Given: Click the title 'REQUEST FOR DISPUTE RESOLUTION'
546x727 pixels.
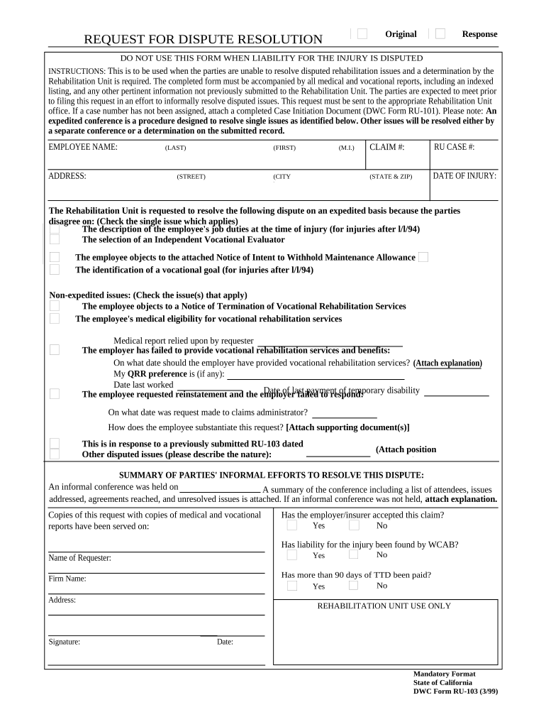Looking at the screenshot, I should tap(204, 40).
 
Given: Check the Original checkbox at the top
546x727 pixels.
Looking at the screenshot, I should tap(362, 34).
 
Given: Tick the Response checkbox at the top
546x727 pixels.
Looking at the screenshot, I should tap(440, 34).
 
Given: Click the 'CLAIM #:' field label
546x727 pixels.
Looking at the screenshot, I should tap(387, 147).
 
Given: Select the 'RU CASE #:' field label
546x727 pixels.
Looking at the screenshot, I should tap(454, 147).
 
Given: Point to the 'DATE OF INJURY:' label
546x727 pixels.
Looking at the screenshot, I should tap(464, 176).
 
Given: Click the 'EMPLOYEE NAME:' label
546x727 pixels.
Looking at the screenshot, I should tap(83, 147).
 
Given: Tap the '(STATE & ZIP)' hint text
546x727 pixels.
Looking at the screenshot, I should tap(390, 177).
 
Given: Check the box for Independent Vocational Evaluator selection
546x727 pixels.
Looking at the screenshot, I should tap(55, 239).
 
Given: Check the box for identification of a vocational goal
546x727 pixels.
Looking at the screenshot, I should tap(55, 270).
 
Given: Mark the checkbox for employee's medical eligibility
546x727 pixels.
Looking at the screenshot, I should tap(55, 319).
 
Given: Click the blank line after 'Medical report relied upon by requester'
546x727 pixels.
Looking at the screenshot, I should tap(329, 341).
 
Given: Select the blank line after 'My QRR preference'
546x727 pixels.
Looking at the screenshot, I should tap(315, 374).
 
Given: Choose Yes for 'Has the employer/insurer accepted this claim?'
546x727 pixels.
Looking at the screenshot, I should tap(292, 525).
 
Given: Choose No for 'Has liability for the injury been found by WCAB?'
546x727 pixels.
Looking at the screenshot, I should tap(354, 555).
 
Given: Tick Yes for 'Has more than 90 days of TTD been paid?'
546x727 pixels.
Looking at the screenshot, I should tap(292, 586).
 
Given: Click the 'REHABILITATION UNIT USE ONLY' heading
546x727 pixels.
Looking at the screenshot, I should tap(384, 606).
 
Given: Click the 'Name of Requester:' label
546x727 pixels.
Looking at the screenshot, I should tap(79, 558).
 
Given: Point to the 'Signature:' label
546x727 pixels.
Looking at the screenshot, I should tap(64, 642).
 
